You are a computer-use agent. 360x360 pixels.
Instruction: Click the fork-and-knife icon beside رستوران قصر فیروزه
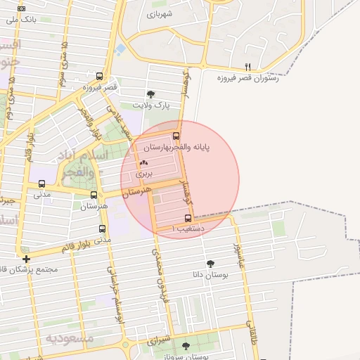click(x=247, y=67)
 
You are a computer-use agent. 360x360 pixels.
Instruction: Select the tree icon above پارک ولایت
click(x=150, y=94)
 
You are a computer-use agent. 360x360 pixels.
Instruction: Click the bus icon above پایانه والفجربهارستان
click(x=176, y=136)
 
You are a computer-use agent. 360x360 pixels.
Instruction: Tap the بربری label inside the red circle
click(x=143, y=172)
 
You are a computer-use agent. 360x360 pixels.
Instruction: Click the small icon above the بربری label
click(x=144, y=162)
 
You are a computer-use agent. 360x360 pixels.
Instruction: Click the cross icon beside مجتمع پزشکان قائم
click(x=26, y=259)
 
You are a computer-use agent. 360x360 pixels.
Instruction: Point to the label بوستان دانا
click(x=211, y=275)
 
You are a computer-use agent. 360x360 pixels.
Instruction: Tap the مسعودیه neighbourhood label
click(x=70, y=337)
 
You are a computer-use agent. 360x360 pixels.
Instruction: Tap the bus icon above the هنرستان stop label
click(x=94, y=195)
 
